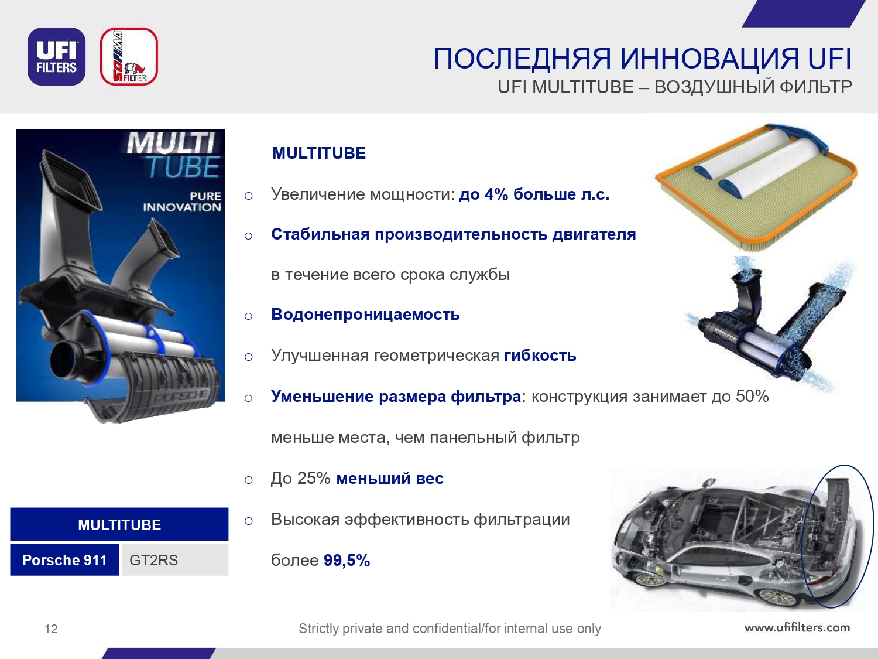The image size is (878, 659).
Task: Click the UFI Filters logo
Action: [x=56, y=56]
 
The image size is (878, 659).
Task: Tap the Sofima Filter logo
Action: [x=129, y=56]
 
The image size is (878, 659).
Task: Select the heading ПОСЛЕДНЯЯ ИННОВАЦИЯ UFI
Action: [x=642, y=59]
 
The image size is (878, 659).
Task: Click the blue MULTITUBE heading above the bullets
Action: [x=319, y=153]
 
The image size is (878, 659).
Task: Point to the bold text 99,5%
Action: [x=347, y=560]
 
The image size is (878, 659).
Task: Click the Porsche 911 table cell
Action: [x=64, y=560]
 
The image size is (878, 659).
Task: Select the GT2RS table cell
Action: [x=175, y=560]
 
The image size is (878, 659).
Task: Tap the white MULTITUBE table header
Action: [x=119, y=524]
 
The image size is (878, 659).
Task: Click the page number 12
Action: [x=51, y=629]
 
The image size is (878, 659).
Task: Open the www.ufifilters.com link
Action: [x=797, y=627]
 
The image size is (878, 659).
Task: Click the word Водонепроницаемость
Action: [x=366, y=315]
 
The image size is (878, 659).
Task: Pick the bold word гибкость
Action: [x=540, y=356]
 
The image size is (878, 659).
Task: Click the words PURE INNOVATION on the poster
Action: [x=182, y=202]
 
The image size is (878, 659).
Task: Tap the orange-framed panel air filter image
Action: [x=756, y=187]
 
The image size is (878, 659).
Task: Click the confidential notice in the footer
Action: [x=450, y=629]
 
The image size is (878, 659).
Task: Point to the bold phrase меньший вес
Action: [x=390, y=479]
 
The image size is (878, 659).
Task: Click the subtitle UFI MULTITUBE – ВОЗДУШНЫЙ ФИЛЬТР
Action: [x=675, y=87]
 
